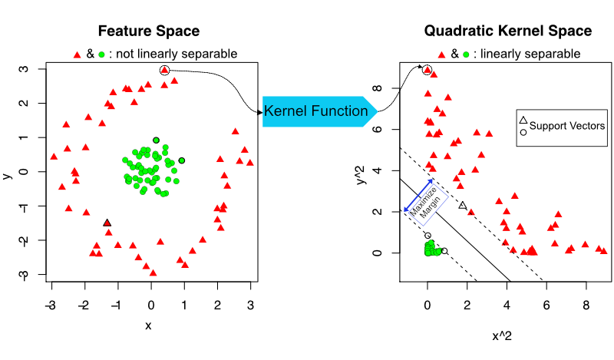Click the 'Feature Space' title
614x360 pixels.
148,31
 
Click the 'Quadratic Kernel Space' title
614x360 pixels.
507,31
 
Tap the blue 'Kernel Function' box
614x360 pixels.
315,111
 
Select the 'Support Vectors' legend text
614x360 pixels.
567,126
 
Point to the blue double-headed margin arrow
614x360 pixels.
418,195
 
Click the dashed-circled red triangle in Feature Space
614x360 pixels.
164,71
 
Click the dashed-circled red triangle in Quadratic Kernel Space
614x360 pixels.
427,70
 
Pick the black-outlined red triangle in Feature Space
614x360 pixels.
107,223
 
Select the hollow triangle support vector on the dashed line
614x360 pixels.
462,206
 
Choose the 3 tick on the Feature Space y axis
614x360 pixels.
25,69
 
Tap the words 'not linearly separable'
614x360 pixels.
183,54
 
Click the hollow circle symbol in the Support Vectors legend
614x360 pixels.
523,132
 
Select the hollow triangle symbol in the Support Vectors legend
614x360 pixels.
523,120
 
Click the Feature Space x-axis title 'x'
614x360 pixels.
148,325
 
